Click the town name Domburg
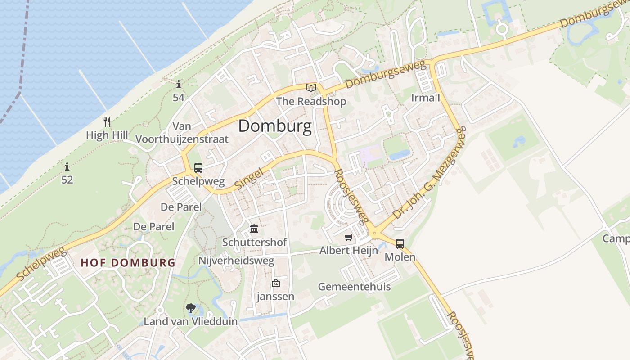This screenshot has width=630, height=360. point(274,126)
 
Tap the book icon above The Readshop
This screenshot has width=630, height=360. point(310,88)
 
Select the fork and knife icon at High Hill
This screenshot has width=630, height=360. point(107,122)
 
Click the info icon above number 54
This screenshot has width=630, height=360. point(179,84)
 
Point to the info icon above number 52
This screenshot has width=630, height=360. point(67,167)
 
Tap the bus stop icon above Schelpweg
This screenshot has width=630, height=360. point(198,168)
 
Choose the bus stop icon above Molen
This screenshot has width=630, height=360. point(400,244)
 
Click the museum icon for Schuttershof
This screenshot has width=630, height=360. point(254,229)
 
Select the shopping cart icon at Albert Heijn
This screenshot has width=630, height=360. point(348,237)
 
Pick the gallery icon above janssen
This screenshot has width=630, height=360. point(275,283)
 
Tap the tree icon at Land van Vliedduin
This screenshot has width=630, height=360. point(191,308)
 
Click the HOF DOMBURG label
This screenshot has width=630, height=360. point(128,263)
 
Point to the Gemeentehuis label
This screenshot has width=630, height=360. point(354,287)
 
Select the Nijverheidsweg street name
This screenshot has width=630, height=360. point(236,261)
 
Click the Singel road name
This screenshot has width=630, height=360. point(249,178)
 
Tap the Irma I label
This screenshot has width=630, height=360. point(425,98)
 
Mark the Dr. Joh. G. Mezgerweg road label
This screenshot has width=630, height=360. point(430,173)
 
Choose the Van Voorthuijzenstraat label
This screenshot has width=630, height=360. point(182,133)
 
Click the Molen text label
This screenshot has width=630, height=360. point(400,257)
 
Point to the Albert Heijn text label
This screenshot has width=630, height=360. point(348,251)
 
